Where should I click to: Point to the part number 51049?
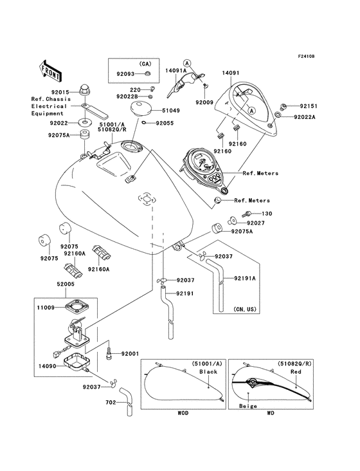click(174, 110)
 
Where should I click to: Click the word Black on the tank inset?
click(208, 372)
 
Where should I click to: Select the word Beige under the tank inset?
click(248, 406)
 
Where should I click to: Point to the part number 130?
click(267, 213)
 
